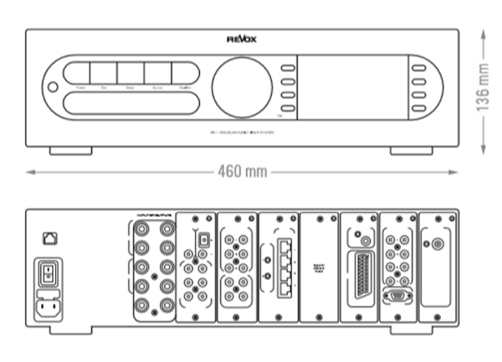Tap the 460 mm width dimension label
242,172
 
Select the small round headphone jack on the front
54,87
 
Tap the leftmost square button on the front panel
77,73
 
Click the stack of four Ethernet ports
282,266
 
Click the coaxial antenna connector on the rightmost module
437,246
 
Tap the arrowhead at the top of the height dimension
482,34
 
